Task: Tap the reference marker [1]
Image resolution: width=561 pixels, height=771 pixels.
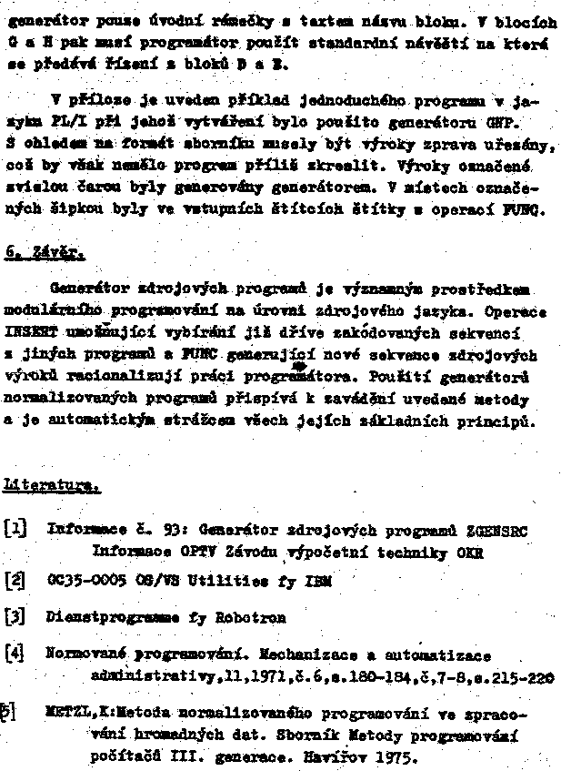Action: click(x=15, y=527)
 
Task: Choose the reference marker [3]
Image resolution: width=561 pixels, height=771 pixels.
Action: click(x=15, y=616)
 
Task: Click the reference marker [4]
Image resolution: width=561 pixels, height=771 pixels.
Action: click(x=15, y=653)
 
